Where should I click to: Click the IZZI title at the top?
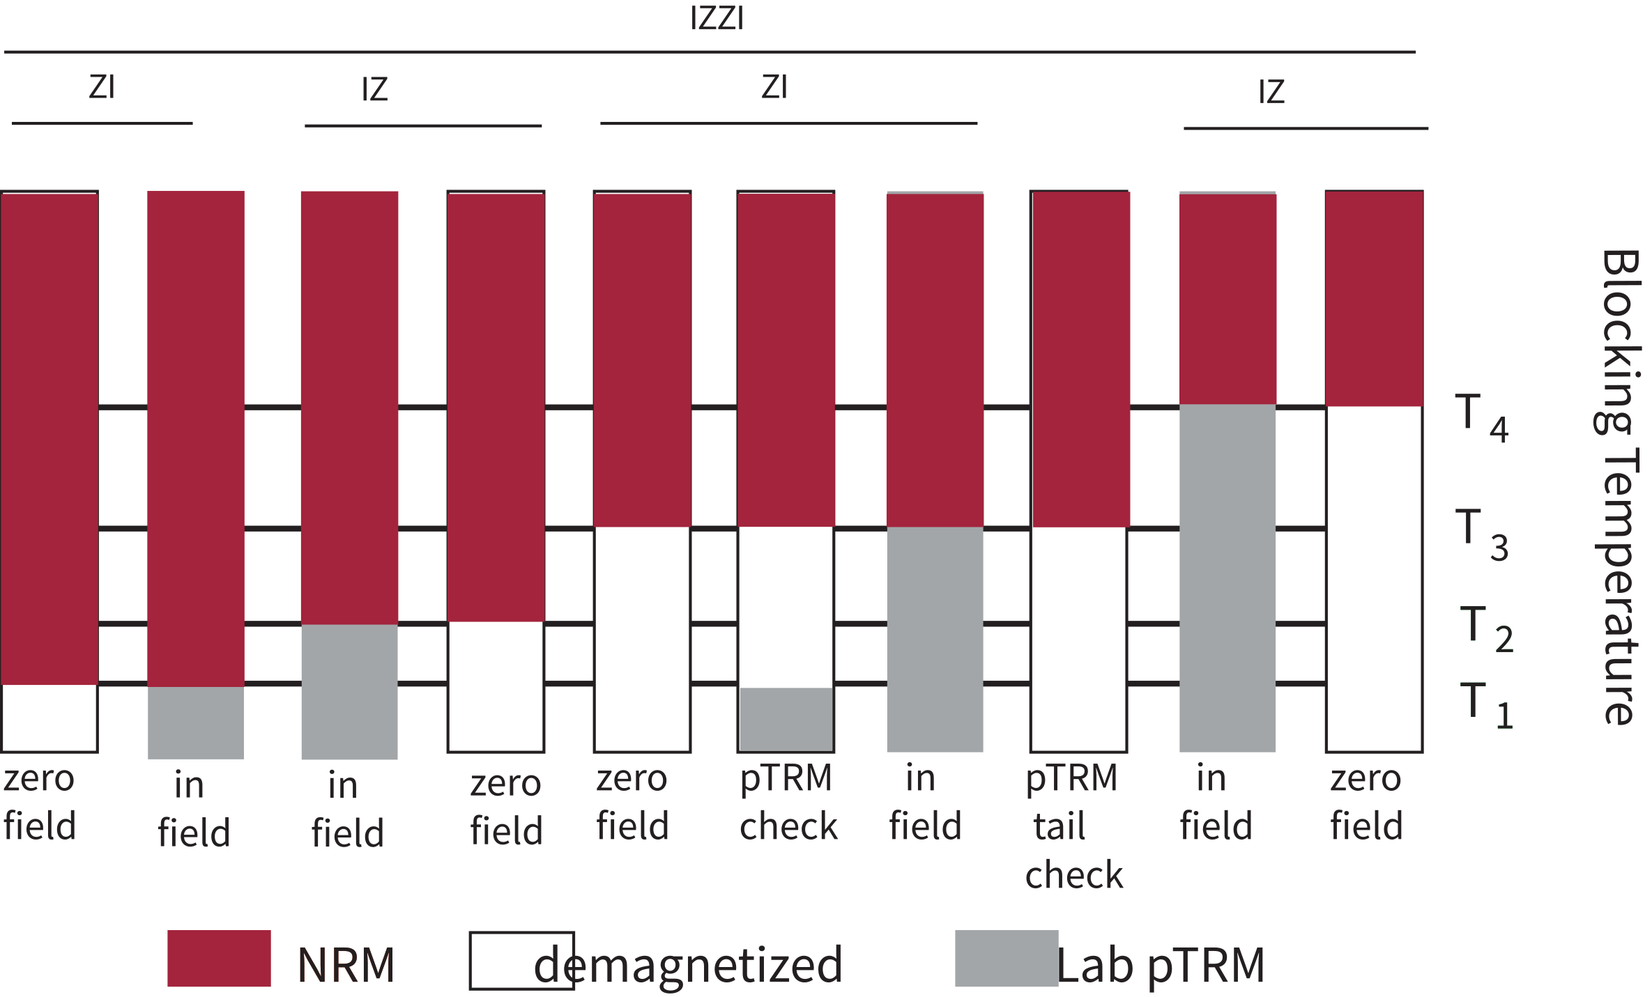pyautogui.click(x=717, y=19)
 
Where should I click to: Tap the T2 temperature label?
pyautogui.click(x=1485, y=628)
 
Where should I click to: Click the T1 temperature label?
pyautogui.click(x=1485, y=704)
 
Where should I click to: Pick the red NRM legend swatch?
pyautogui.click(x=219, y=958)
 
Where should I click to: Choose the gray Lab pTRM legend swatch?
pyautogui.click(x=1006, y=958)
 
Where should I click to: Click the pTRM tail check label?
pyautogui.click(x=1073, y=826)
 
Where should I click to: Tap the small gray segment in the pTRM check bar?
pyautogui.click(x=786, y=719)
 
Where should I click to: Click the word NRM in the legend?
pyautogui.click(x=346, y=965)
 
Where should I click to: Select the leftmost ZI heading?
pyautogui.click(x=102, y=87)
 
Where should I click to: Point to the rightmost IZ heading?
pyautogui.click(x=1271, y=92)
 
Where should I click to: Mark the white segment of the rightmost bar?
pyautogui.click(x=1374, y=578)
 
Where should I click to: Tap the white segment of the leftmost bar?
pyautogui.click(x=49, y=718)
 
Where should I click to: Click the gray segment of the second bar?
pyautogui.click(x=196, y=722)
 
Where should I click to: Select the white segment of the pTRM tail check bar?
pyautogui.click(x=1079, y=638)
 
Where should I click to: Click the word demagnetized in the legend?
pyautogui.click(x=689, y=965)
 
